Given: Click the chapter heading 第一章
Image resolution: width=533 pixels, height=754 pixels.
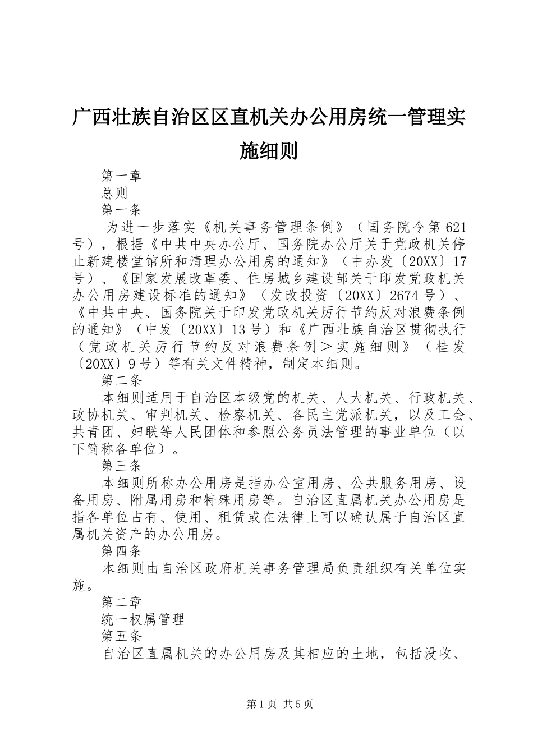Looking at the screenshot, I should point(122,176).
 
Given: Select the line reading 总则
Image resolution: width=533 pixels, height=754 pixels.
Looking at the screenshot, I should point(115,194).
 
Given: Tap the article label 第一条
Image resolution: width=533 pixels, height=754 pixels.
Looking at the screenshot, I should point(122,210).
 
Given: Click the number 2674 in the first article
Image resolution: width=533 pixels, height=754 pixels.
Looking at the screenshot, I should point(405,296).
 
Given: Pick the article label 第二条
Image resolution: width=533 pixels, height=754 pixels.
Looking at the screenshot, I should point(122,381).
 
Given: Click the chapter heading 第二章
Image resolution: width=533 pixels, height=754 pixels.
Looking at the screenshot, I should point(122,603).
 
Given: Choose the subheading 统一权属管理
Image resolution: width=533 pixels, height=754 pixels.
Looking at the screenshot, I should point(143,620).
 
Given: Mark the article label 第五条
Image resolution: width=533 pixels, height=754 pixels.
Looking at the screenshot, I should point(122,637).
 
